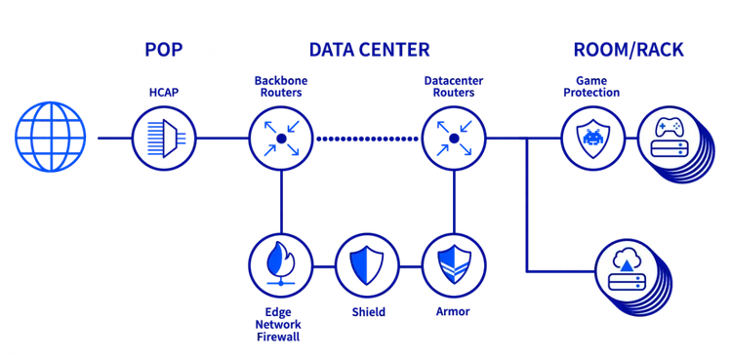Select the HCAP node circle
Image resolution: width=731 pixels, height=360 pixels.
pos(163,139)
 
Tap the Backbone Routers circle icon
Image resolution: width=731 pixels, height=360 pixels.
pos(280,139)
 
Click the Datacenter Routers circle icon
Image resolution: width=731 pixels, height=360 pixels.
pos(453,139)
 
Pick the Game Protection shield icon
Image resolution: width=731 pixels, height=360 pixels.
pos(591,139)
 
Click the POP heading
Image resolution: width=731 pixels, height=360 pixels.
pos(163,49)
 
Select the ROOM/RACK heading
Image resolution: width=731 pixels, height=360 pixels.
pos(628,49)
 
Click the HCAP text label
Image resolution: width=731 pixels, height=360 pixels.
pos(163,93)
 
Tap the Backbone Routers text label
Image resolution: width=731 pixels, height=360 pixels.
pos(280,86)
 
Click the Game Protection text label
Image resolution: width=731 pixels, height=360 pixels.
pos(591,86)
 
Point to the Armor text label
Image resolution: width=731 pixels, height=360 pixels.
pos(453,312)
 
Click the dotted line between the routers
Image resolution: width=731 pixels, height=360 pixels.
pos(366,139)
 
